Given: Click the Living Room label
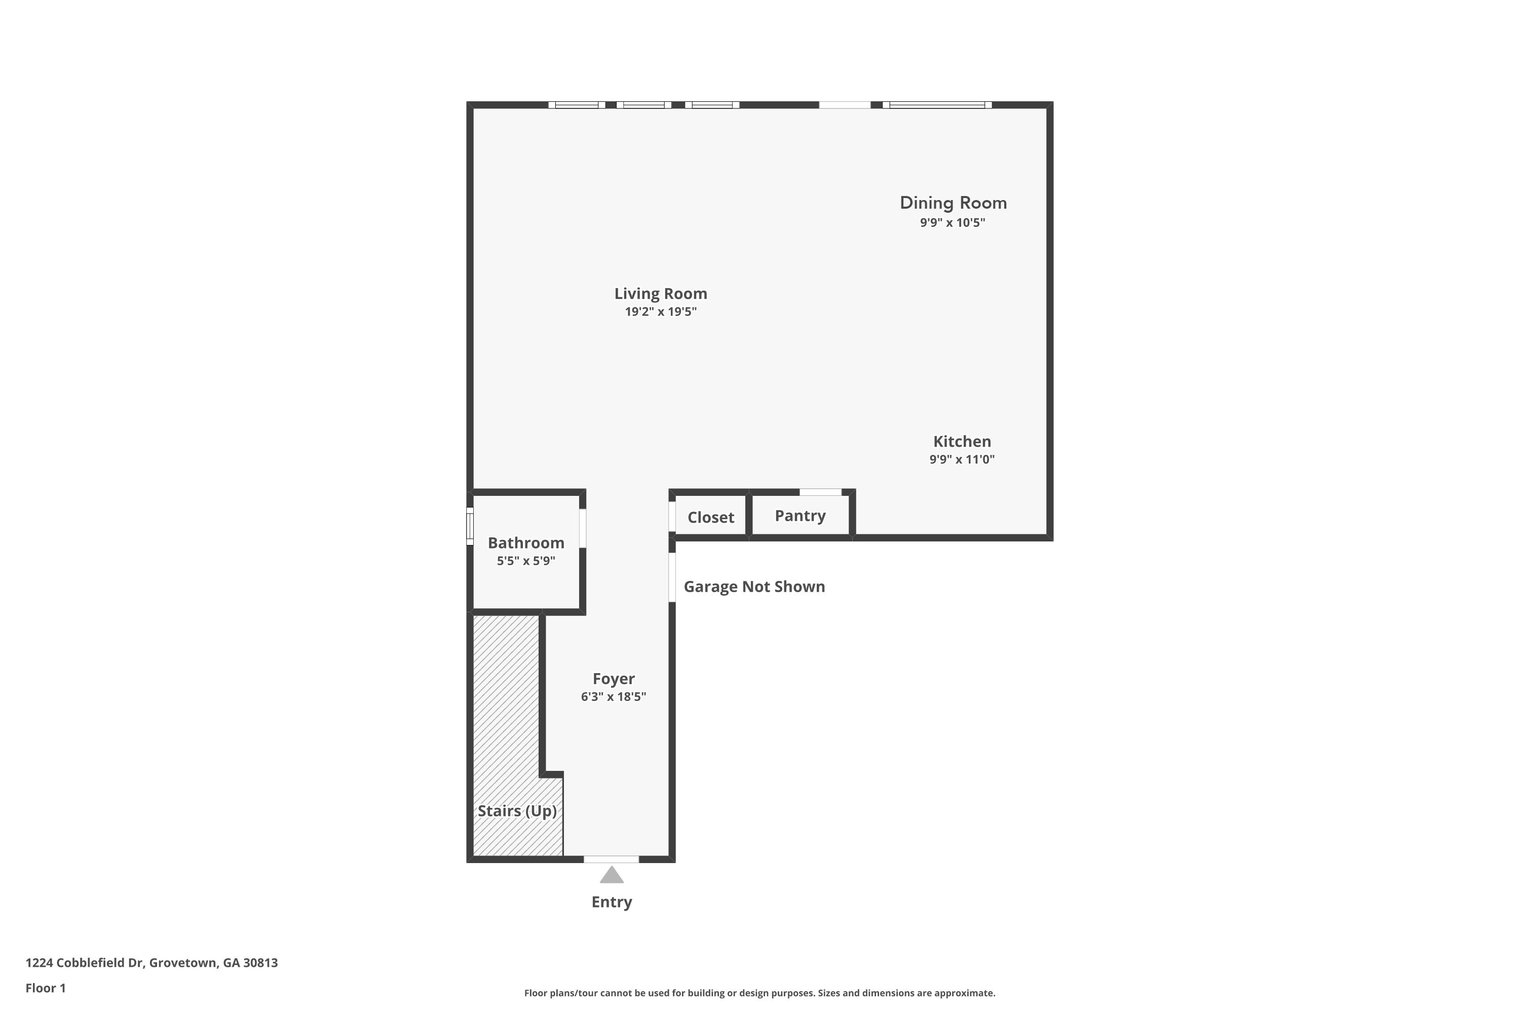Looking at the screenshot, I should click(x=661, y=294).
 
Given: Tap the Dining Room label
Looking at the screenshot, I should click(x=953, y=203).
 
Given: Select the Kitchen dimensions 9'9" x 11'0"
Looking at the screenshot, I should click(x=962, y=459).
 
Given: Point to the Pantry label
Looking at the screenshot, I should click(x=800, y=516).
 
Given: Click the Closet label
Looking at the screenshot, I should click(x=710, y=518).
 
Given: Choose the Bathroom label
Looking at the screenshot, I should click(x=525, y=542).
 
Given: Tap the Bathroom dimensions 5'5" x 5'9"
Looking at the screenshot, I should click(x=525, y=561).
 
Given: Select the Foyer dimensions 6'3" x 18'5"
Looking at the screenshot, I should click(x=613, y=696).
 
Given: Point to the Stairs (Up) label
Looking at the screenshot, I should click(x=517, y=811).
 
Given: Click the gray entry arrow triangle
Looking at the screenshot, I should click(x=612, y=876).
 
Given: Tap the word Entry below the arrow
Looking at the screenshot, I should click(x=612, y=902).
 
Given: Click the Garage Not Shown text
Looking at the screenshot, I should click(x=754, y=587).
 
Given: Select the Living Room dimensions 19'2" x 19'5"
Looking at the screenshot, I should click(x=661, y=312).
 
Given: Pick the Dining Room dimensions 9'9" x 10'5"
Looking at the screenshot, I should click(x=953, y=223).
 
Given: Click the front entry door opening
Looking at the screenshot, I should click(x=612, y=859).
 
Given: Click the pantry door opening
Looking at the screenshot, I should click(x=821, y=492).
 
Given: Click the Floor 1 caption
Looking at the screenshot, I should click(x=45, y=988).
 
